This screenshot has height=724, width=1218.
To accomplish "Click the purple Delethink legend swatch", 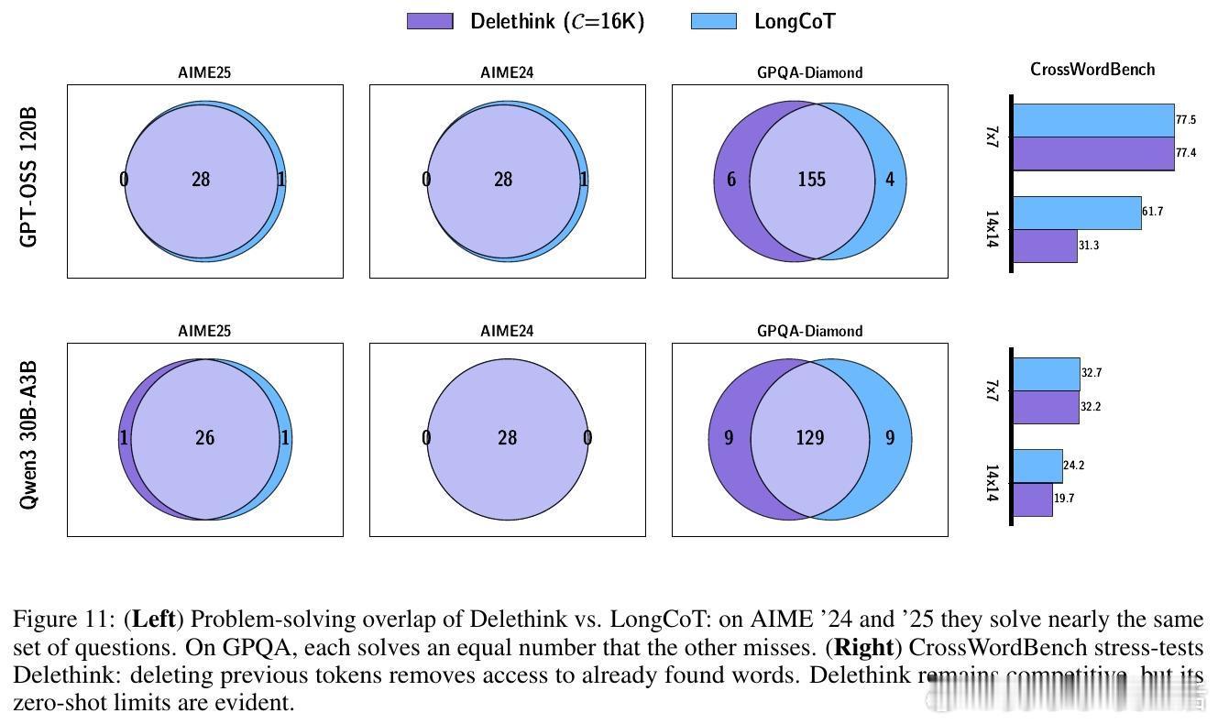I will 430,21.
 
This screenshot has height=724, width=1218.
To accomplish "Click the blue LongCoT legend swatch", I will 713,21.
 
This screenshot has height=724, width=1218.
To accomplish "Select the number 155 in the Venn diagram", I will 811,180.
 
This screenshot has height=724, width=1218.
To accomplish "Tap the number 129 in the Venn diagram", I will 809,438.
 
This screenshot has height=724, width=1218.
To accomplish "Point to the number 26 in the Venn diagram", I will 204,438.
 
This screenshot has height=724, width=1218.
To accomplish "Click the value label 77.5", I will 1186,120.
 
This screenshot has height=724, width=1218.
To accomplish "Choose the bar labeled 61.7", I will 1078,213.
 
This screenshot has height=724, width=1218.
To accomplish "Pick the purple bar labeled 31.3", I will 1046,246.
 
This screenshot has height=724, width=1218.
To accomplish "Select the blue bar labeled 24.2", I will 1038,466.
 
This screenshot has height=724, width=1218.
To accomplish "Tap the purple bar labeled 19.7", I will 1033,499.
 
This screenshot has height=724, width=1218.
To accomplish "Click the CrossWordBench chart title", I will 1092,70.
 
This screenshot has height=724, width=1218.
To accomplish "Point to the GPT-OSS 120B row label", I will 29,177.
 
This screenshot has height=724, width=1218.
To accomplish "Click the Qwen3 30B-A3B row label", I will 29,435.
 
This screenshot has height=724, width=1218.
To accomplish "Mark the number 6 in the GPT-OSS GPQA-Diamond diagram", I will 731,180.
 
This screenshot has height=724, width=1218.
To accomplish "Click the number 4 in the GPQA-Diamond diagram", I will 889,180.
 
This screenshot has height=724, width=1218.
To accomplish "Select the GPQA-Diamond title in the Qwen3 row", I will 809,331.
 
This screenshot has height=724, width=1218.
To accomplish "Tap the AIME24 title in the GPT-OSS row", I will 507,72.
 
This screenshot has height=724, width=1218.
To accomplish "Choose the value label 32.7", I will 1091,374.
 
